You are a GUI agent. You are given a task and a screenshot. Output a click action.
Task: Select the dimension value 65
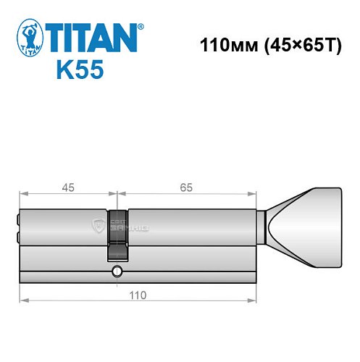click(x=186, y=188)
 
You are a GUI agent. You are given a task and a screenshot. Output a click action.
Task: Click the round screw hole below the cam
click(x=117, y=271)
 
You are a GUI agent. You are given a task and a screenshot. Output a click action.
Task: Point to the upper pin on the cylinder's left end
click(x=18, y=219)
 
